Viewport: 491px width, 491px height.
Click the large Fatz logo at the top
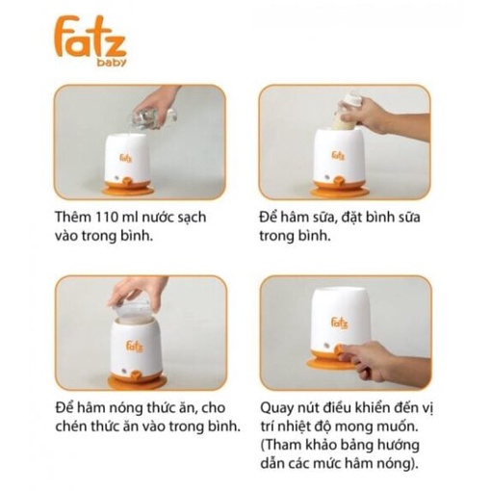click(90, 40)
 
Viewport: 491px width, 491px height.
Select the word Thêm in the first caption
click(73, 217)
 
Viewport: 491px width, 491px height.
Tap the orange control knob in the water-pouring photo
click(129, 181)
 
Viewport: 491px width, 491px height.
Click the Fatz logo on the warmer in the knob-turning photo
click(340, 323)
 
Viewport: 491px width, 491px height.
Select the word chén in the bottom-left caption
click(71, 426)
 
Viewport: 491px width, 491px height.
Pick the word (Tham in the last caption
click(281, 446)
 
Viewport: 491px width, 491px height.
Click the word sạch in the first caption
click(192, 218)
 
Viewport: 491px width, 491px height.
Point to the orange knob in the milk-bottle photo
click(338, 184)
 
